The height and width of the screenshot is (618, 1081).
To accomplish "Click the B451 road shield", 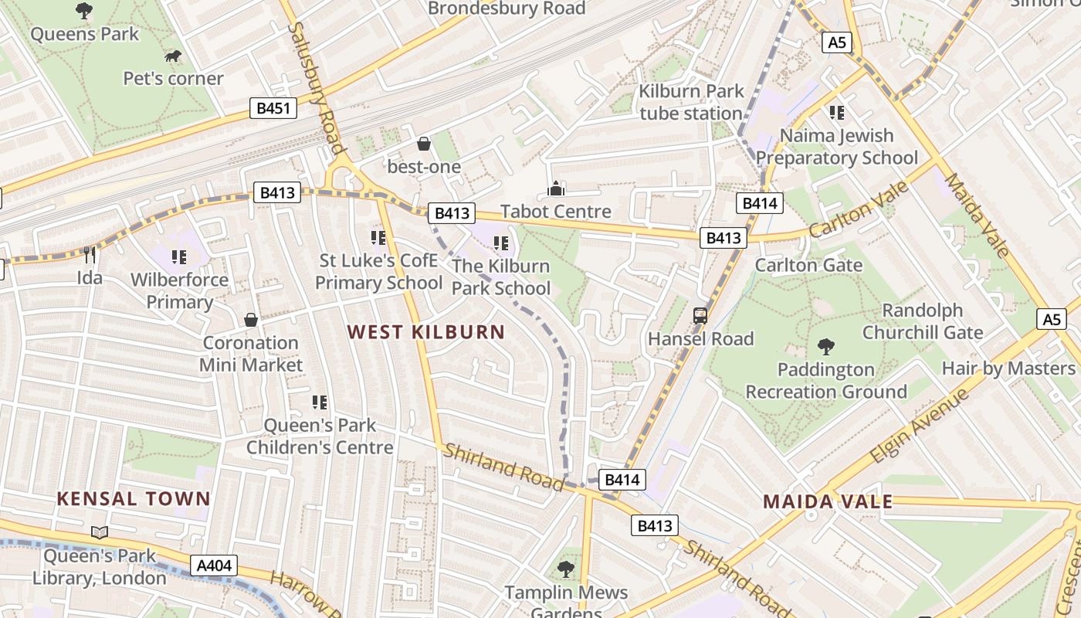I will (x=273, y=108).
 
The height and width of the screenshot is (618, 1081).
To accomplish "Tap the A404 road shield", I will (x=214, y=566).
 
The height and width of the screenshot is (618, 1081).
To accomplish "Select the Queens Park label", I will (x=85, y=34).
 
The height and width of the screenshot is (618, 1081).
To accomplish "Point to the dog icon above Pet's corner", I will (x=173, y=56).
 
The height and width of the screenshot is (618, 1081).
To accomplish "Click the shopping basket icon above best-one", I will (x=423, y=144).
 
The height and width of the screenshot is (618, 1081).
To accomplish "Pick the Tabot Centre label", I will (x=556, y=212).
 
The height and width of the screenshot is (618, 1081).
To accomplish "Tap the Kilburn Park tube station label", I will (x=691, y=102).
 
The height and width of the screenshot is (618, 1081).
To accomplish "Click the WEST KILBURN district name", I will (x=426, y=332).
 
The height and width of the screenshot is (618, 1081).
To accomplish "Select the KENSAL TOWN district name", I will (x=134, y=498).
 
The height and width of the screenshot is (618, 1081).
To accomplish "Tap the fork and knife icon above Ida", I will (x=90, y=255).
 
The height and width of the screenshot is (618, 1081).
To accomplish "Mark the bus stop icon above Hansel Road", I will (x=700, y=316).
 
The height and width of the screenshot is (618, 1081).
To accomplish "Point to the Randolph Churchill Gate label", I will (x=923, y=321).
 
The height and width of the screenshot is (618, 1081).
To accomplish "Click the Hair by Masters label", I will (x=1008, y=368).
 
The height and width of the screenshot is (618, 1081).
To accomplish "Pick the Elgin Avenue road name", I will (x=919, y=426).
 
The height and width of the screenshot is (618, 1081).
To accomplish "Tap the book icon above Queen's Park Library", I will (x=100, y=532).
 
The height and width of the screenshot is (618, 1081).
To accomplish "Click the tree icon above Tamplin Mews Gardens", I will (x=566, y=570).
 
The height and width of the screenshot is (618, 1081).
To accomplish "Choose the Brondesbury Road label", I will (x=507, y=8).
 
